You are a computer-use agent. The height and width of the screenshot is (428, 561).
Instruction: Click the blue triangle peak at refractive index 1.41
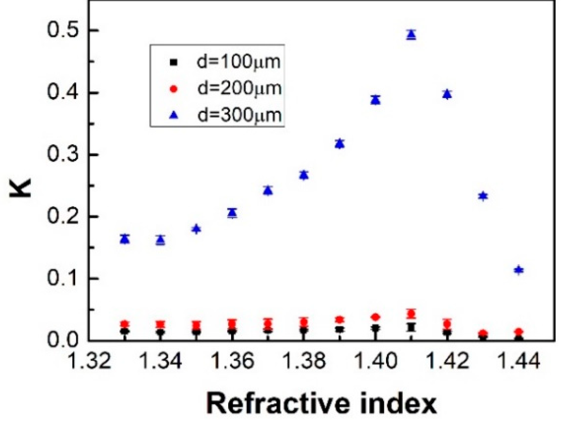click(411, 35)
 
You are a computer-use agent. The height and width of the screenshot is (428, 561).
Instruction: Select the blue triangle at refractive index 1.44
click(519, 270)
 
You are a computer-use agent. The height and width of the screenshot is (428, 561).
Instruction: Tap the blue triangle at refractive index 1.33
click(125, 239)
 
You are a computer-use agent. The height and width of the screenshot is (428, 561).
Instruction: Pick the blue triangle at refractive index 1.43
click(483, 196)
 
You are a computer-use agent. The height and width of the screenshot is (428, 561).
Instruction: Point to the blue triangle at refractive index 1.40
click(375, 100)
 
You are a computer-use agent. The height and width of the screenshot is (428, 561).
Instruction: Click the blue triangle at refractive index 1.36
click(232, 213)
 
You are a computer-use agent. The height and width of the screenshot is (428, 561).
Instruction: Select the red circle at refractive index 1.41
click(411, 313)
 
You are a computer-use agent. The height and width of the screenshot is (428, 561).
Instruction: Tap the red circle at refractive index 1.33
click(125, 324)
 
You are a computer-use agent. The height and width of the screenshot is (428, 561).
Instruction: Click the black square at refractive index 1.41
click(411, 327)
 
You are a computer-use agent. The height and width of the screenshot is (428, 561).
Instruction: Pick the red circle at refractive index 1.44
click(519, 332)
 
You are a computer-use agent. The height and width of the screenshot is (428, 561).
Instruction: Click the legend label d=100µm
click(238, 62)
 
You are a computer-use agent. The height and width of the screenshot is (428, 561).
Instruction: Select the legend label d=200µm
click(239, 88)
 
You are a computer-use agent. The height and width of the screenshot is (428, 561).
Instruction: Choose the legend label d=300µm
click(239, 115)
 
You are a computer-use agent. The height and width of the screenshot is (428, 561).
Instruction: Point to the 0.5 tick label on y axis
click(63, 30)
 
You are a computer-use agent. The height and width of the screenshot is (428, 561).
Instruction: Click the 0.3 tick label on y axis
click(63, 155)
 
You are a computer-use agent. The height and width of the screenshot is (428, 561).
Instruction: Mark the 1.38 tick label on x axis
click(304, 361)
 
